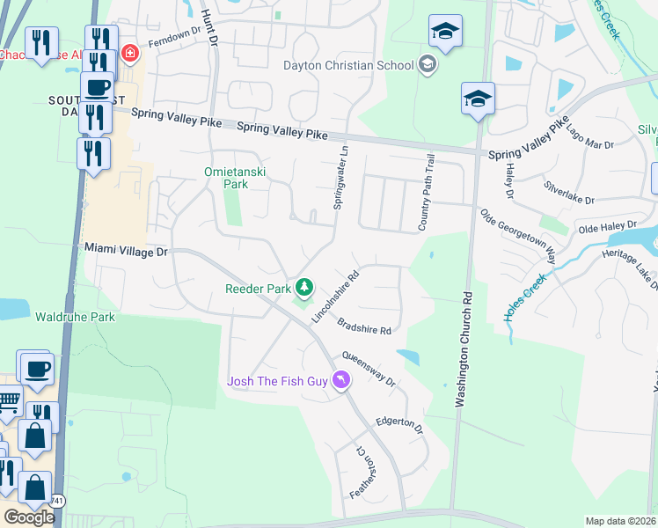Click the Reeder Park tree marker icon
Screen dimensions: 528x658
[x=304, y=287]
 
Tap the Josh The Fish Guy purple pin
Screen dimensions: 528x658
[x=340, y=381]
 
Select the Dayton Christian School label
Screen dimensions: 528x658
[x=347, y=64]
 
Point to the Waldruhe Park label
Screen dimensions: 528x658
[x=62, y=315]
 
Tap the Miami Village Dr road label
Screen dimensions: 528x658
[x=126, y=251]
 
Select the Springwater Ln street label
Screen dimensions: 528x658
[x=340, y=176]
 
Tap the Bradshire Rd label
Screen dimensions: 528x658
[x=363, y=326]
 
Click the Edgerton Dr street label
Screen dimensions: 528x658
[x=399, y=425]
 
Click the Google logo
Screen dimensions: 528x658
[x=29, y=517]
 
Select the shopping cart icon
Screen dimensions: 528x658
[x=8, y=402]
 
